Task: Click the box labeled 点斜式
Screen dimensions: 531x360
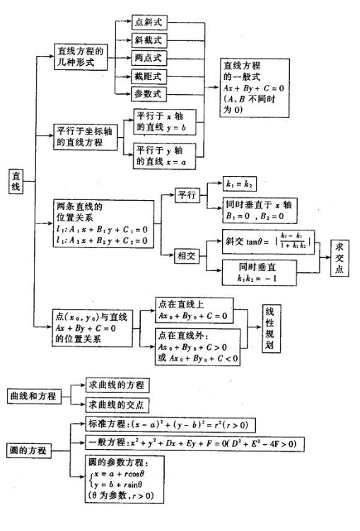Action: point(146,22)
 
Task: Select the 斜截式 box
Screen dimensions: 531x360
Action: point(146,40)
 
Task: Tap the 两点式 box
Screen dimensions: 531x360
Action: point(146,57)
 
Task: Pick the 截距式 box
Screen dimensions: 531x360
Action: point(146,75)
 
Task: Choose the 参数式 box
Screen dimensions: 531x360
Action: point(146,93)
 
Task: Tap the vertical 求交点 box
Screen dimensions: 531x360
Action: point(341,255)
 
